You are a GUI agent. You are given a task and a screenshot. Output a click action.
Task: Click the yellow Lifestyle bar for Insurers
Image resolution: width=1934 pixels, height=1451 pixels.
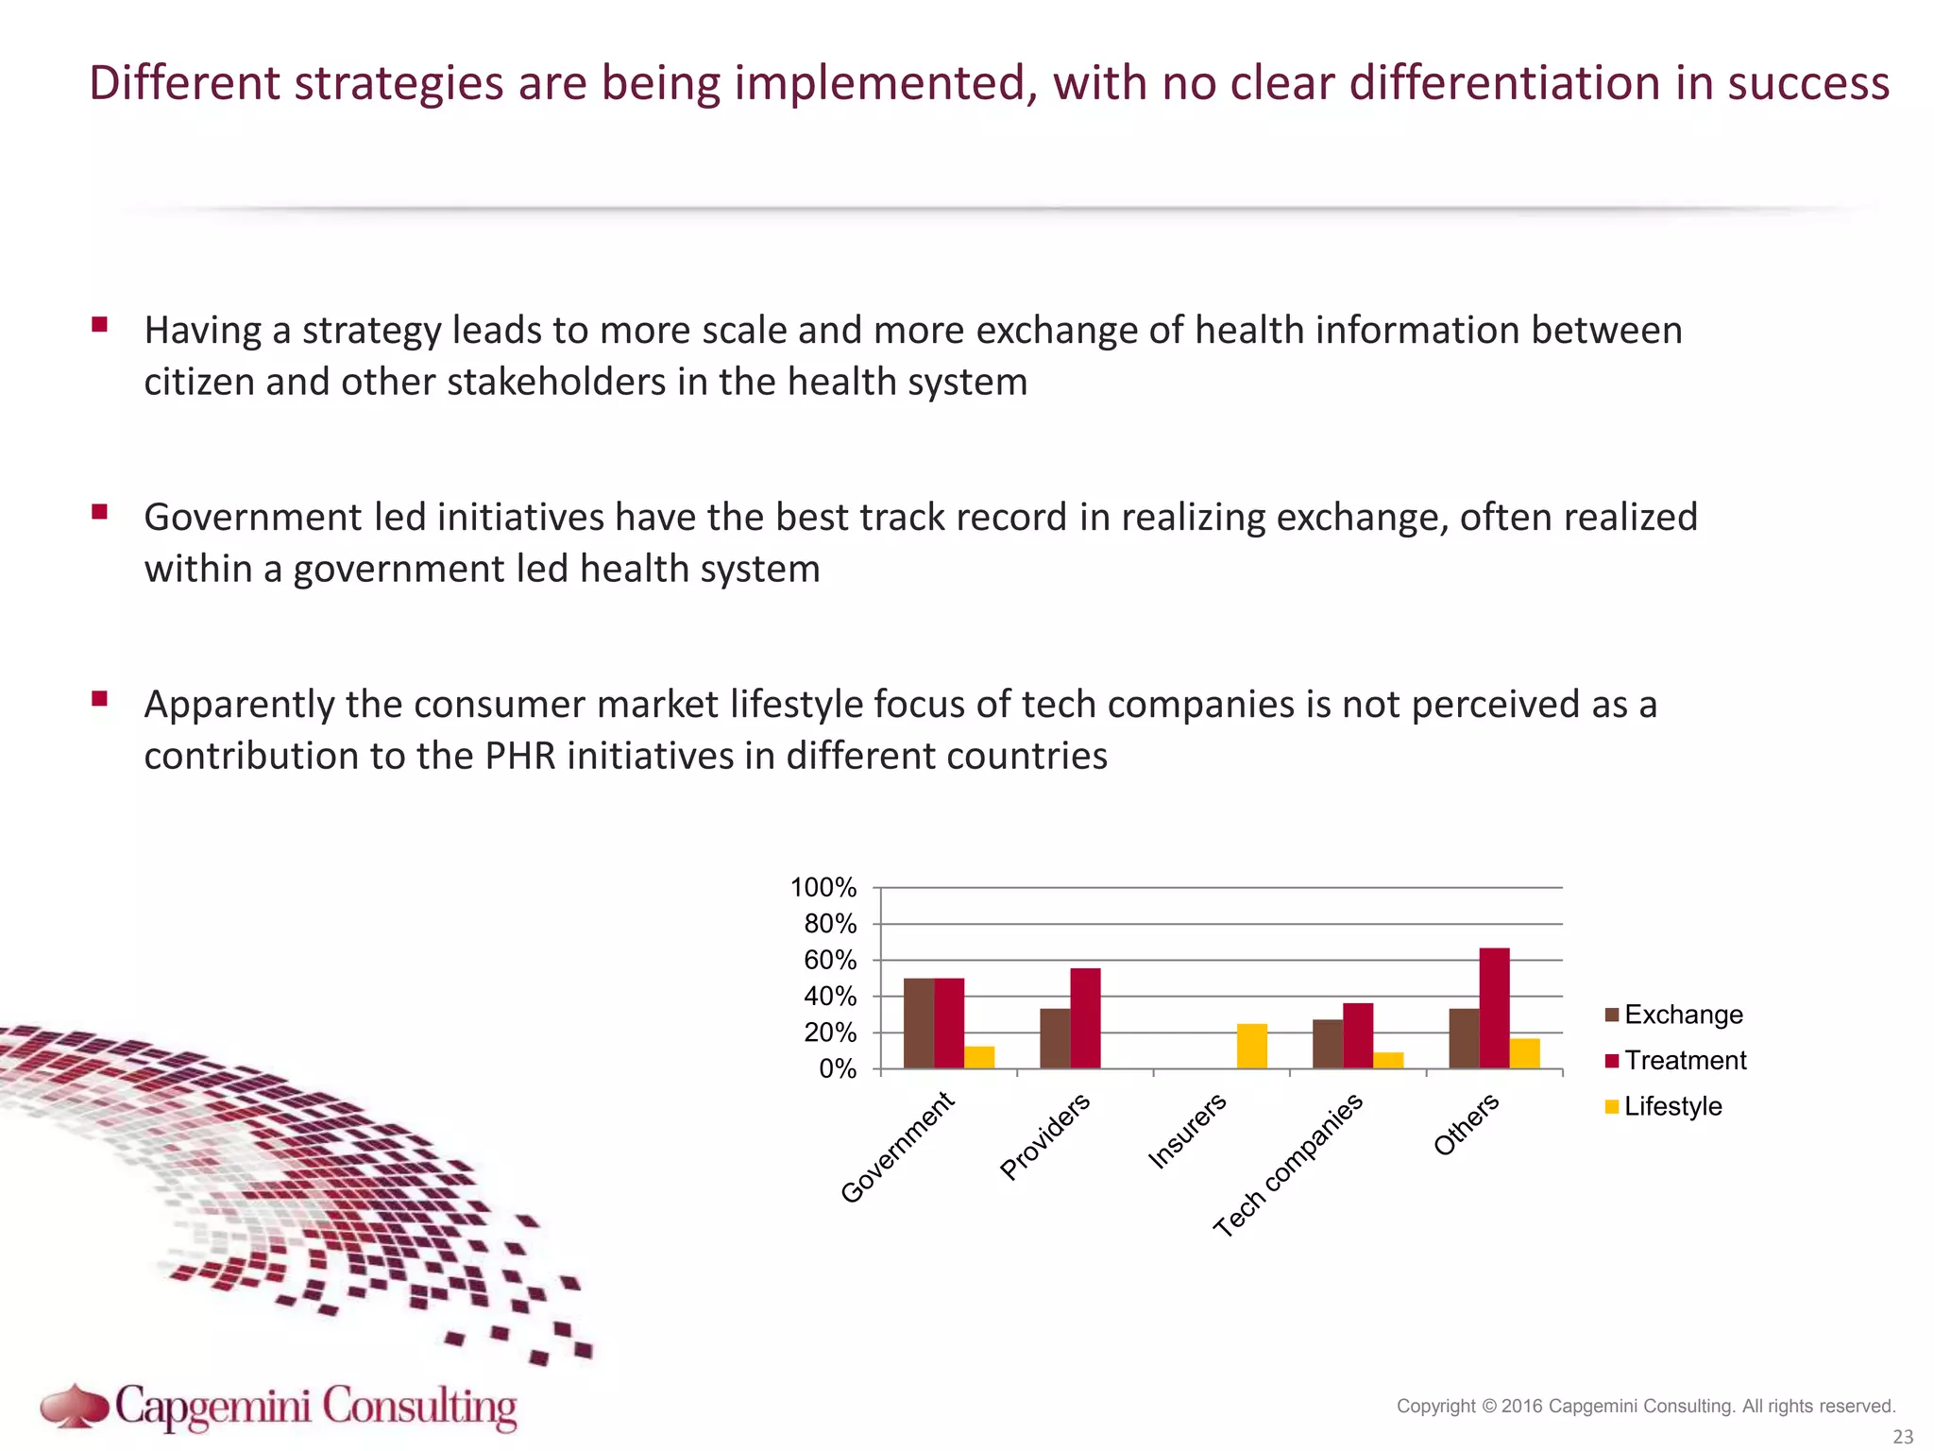(x=1251, y=1046)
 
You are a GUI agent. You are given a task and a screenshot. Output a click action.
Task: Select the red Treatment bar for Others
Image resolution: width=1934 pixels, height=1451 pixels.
(x=1494, y=1008)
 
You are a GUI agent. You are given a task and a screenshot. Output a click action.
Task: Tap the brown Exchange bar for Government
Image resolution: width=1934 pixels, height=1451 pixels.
(x=918, y=1023)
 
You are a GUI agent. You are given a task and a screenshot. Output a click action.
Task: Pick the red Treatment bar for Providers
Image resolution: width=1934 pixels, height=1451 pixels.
(x=1085, y=1018)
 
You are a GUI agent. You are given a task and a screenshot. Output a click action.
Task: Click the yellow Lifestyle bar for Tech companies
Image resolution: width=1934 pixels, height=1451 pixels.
(x=1388, y=1060)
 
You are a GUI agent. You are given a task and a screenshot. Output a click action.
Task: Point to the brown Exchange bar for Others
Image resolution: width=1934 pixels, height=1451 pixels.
(x=1463, y=1038)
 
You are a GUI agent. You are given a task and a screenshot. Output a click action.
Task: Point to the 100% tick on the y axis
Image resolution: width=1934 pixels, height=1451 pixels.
(x=823, y=888)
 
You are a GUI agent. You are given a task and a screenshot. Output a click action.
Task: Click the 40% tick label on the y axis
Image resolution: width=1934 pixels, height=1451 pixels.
(x=830, y=997)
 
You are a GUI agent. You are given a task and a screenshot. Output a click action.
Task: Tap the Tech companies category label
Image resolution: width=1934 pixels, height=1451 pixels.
(x=1288, y=1167)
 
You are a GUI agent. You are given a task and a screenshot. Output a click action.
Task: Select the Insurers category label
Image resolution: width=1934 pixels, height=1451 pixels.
(x=1187, y=1131)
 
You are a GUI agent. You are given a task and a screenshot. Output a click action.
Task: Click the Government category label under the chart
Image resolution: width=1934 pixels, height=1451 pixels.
(x=897, y=1148)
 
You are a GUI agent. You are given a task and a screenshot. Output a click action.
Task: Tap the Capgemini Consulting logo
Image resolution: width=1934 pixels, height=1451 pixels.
(x=280, y=1408)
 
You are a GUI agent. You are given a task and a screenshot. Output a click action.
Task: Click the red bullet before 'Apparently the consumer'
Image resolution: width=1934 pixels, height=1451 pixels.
(x=99, y=700)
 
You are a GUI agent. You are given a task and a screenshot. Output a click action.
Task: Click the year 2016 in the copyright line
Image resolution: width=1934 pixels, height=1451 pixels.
(x=1521, y=1407)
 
